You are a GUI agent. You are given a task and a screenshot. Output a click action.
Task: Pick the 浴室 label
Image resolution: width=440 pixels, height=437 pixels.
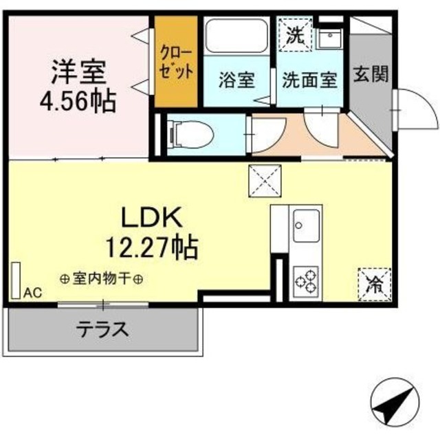click(x=237, y=80)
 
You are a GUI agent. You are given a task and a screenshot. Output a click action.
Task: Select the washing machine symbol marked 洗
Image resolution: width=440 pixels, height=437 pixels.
click(x=294, y=34)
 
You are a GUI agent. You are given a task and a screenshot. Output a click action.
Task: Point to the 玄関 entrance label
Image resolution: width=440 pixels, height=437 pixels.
click(x=368, y=75)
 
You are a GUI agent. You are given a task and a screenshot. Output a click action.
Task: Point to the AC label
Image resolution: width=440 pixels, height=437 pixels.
click(x=32, y=293)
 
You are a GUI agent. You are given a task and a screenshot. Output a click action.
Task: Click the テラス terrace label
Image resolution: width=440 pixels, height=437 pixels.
click(x=103, y=328)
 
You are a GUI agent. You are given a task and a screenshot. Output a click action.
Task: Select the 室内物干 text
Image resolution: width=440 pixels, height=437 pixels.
click(x=101, y=280)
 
